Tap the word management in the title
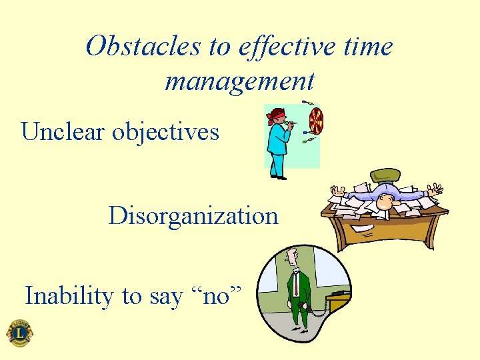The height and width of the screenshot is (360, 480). point(239,81)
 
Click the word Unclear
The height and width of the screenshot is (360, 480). point(63,131)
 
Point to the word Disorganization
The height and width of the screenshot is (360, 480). point(193,216)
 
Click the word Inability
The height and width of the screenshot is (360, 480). point(70,295)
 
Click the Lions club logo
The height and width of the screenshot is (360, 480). point(19,333)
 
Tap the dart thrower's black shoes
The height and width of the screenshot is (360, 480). point(278,177)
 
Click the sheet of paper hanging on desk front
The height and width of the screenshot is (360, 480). point(363,228)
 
